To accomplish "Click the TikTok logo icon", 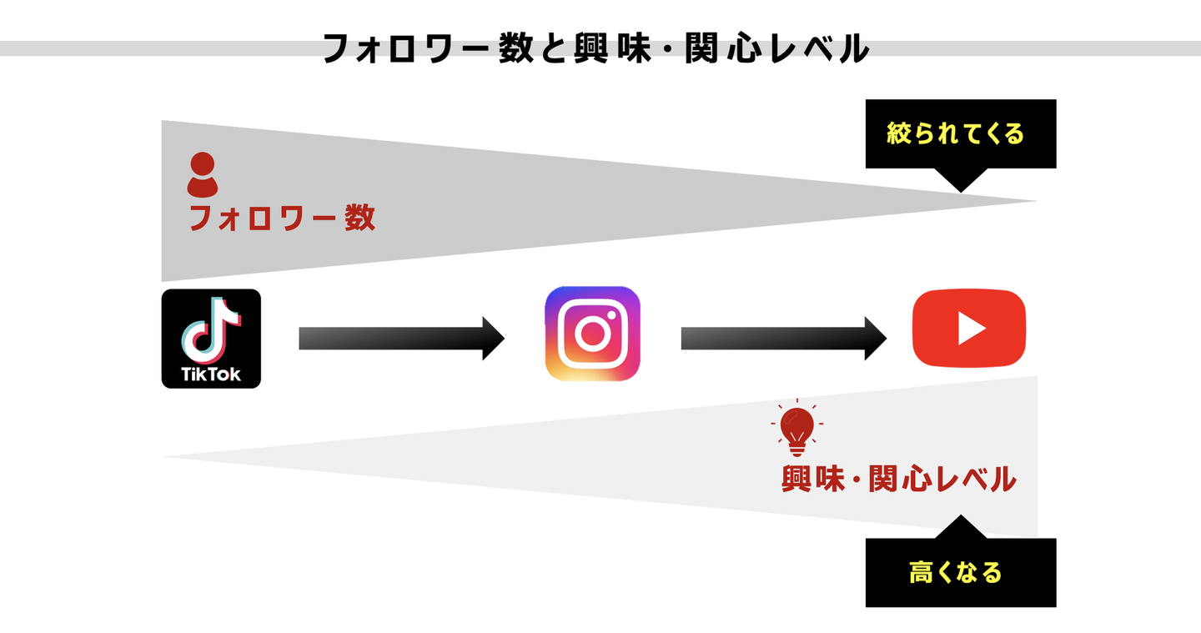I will coord(211,339).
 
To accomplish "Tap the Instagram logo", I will coord(592,334).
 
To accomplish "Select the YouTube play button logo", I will coord(968,328).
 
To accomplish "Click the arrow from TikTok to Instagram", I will coord(401,338).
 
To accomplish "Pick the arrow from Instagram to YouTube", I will coord(783,338).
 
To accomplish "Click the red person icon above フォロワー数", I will coord(203,174).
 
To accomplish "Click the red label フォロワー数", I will coord(282,219).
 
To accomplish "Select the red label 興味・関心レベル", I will coord(898,480).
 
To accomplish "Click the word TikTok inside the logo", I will coord(211,374).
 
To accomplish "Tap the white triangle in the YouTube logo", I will coord(970,328).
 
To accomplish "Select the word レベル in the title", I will coord(821,49).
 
